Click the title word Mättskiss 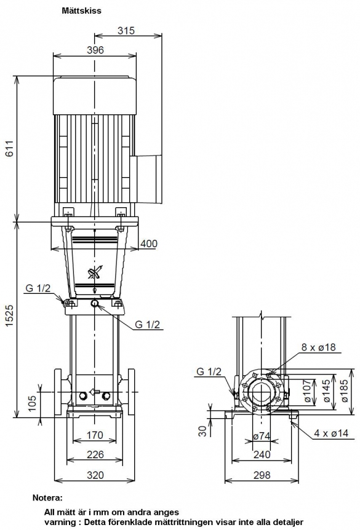point(81,10)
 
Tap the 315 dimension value point(126,30)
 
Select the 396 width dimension point(95,50)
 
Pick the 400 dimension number point(149,243)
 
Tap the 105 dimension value point(31,403)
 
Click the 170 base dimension point(95,435)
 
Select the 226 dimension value point(95,454)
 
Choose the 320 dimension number point(95,475)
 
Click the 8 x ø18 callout point(318,347)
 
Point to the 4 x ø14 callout point(331,433)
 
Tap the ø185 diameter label point(345,390)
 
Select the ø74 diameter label point(262,436)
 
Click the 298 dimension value point(262,475)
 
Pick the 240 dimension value point(262,454)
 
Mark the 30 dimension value point(202,430)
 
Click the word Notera point(47,497)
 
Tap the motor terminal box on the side point(149,179)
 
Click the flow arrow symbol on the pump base point(94,392)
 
